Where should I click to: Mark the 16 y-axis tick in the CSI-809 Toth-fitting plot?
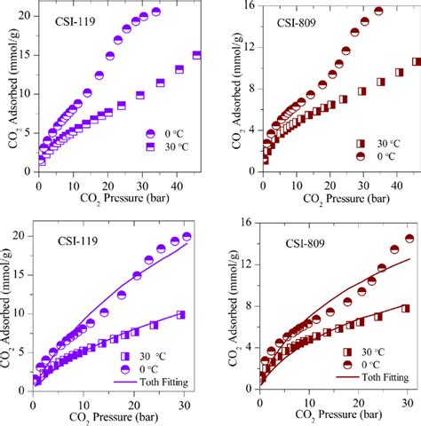coord(248,224)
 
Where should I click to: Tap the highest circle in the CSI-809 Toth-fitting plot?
coord(409,238)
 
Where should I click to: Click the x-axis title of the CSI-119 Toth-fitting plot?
coord(107,418)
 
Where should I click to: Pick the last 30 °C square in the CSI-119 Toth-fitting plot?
coord(181,315)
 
